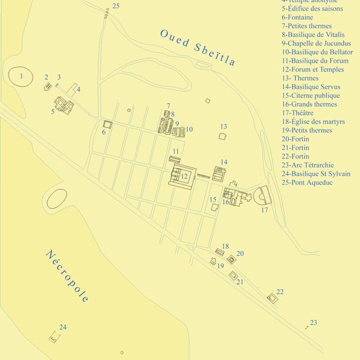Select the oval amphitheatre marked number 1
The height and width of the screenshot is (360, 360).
[x=21, y=77]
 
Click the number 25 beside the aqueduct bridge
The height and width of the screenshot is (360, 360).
[x=116, y=6]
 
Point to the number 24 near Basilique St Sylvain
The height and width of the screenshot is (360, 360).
[x=62, y=327]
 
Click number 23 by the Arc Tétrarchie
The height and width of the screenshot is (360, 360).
[x=313, y=323]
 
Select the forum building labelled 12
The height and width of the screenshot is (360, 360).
[x=183, y=176]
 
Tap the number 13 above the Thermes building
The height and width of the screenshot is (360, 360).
[x=223, y=127]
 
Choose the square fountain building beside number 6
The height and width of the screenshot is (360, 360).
[x=106, y=125]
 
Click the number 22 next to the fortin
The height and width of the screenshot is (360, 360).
[x=279, y=292]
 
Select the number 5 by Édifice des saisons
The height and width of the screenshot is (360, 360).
[x=52, y=111]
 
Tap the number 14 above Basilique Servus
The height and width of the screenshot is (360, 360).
[x=224, y=162]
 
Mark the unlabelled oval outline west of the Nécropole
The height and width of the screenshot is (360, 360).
[x=57, y=197]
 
